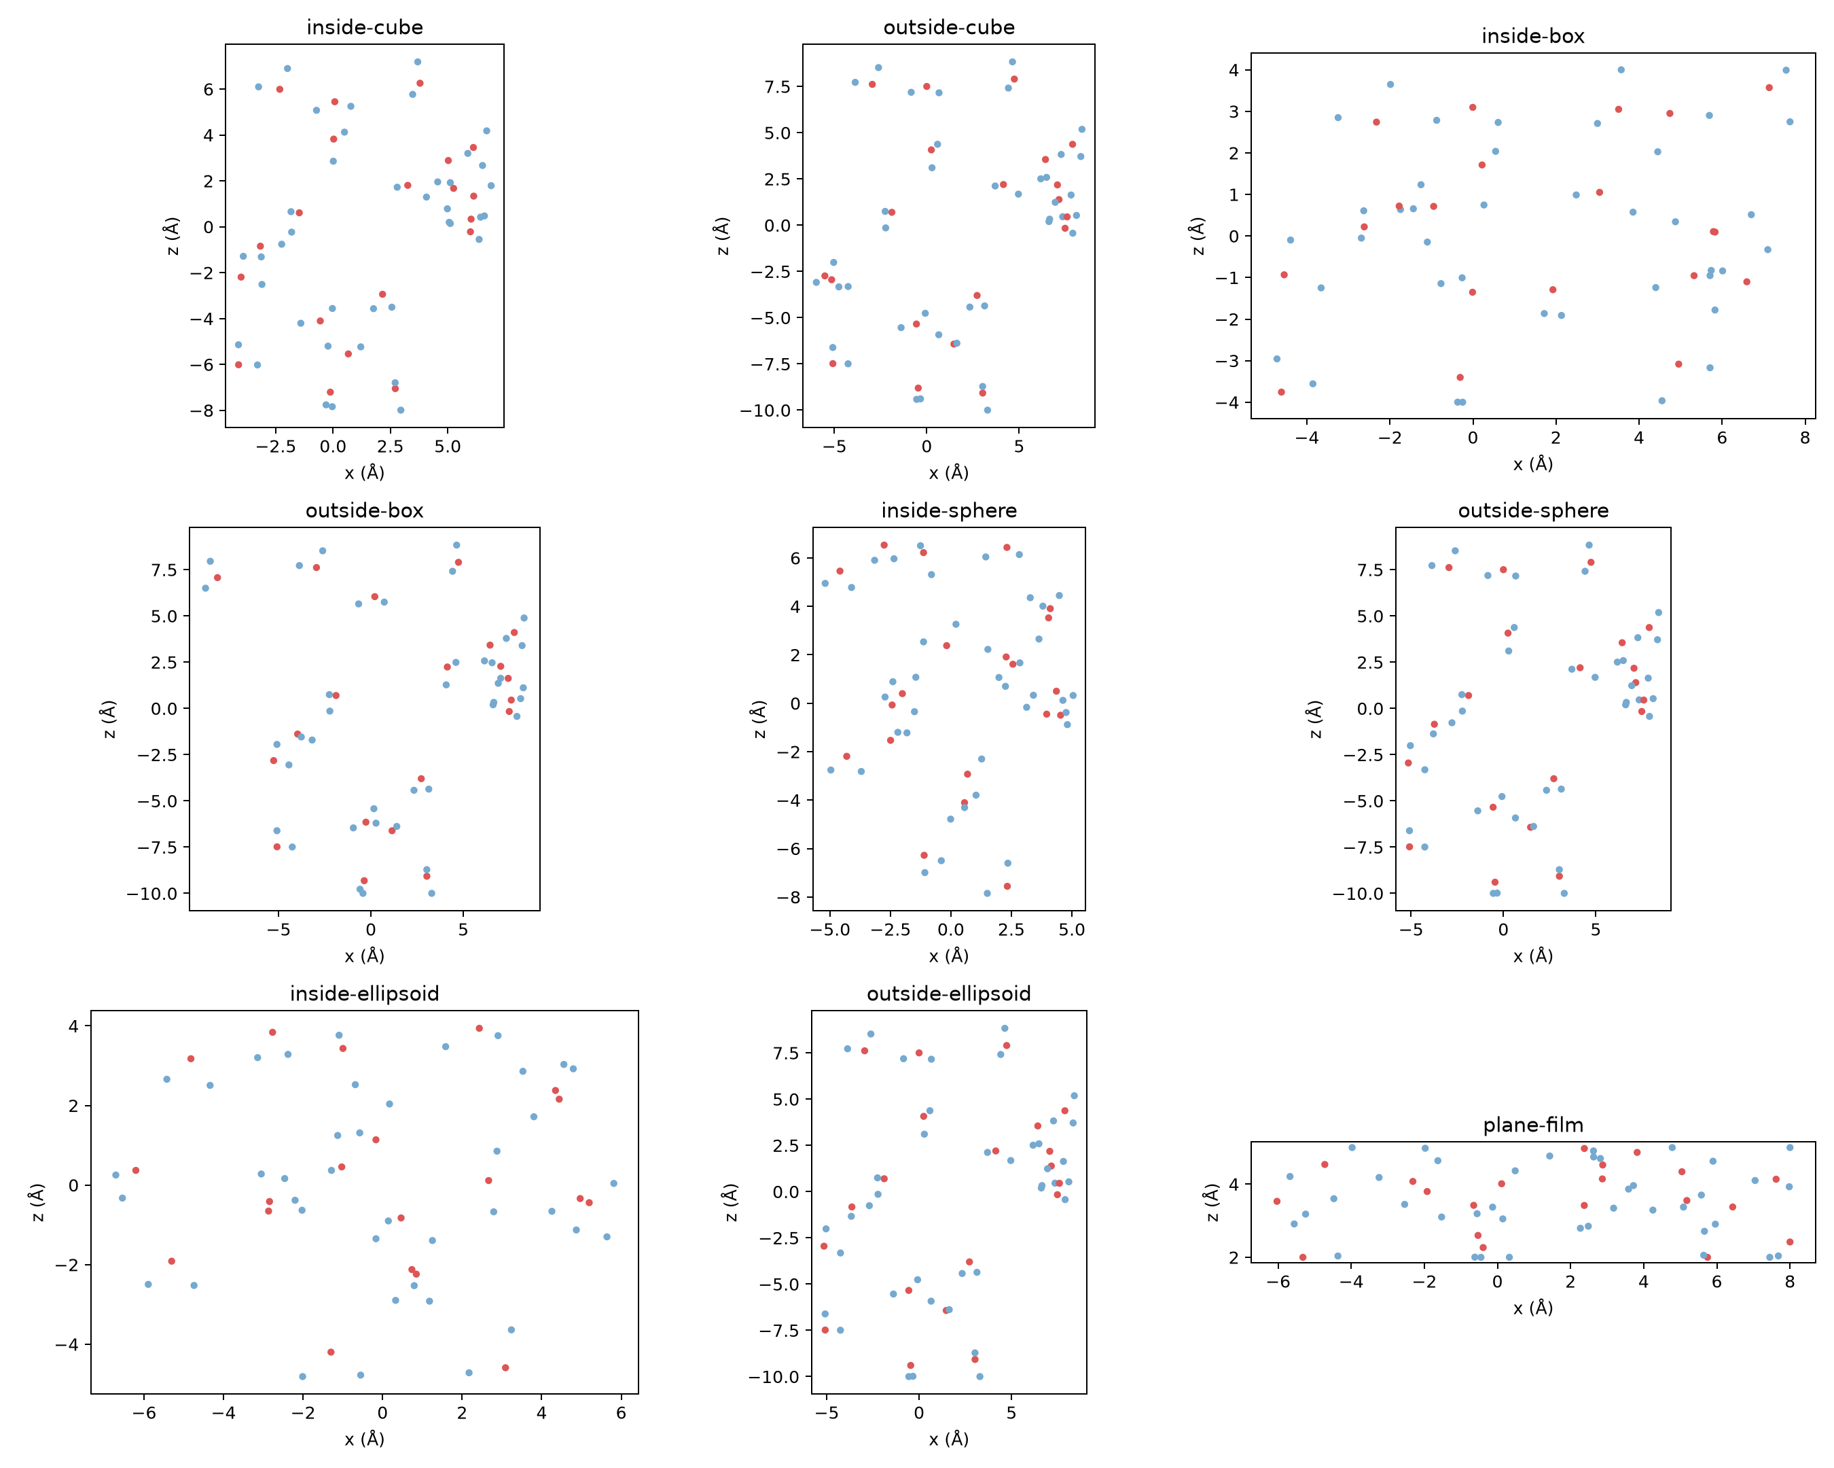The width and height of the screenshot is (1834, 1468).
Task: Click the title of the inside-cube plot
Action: pyautogui.click(x=364, y=27)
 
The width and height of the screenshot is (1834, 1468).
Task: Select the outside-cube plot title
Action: pyautogui.click(x=948, y=27)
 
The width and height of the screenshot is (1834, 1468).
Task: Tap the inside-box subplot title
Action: pyautogui.click(x=1533, y=36)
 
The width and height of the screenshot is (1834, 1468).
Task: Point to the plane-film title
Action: pyautogui.click(x=1533, y=1125)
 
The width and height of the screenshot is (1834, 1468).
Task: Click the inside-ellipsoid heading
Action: pyautogui.click(x=364, y=994)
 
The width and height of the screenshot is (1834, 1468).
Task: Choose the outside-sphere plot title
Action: pyautogui.click(x=1533, y=510)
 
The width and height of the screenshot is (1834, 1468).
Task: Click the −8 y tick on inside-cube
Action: pyautogui.click(x=202, y=411)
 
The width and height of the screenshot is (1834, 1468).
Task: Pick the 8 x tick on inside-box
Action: pyautogui.click(x=1804, y=438)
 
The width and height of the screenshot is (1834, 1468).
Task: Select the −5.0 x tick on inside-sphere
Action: pyautogui.click(x=829, y=930)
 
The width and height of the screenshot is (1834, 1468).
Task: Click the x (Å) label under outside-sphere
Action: pyautogui.click(x=1533, y=956)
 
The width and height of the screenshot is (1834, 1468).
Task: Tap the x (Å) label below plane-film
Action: pyautogui.click(x=1533, y=1308)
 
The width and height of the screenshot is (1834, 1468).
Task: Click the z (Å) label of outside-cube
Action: pyautogui.click(x=723, y=236)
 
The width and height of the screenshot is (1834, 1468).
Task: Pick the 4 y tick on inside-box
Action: pyautogui.click(x=1234, y=70)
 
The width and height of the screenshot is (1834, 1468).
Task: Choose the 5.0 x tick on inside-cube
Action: pyautogui.click(x=448, y=447)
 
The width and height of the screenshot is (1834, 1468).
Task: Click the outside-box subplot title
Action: pyautogui.click(x=364, y=510)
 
